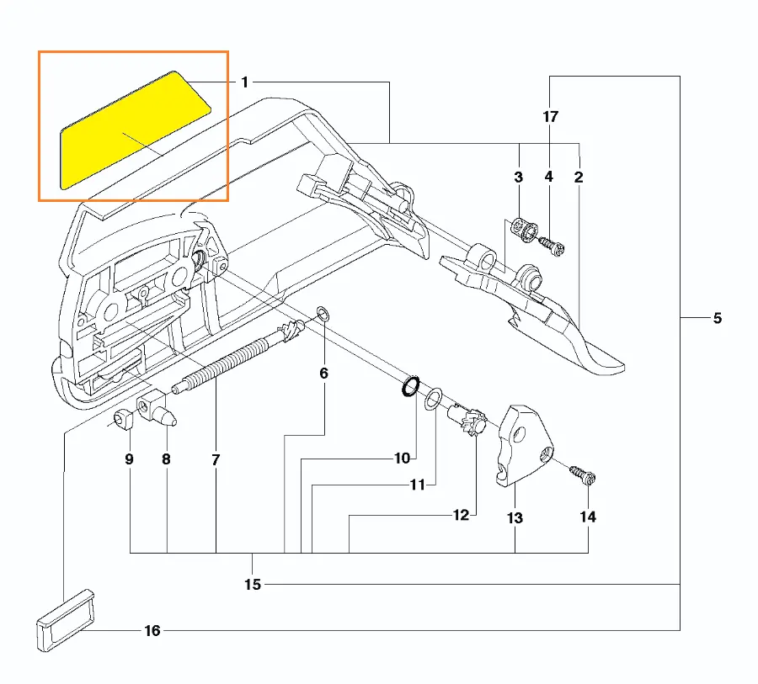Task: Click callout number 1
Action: click(244, 82)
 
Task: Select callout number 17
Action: click(550, 117)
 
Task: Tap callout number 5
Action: click(717, 318)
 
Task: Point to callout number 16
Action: click(152, 631)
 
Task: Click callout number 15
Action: click(253, 584)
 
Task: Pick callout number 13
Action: click(515, 517)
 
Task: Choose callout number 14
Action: click(588, 517)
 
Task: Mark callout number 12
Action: click(461, 515)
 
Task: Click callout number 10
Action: click(402, 459)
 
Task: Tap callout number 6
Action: click(323, 372)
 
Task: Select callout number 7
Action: click(215, 460)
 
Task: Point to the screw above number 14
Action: click(584, 476)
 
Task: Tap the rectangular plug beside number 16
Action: click(65, 620)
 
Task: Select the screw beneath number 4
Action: click(551, 247)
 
